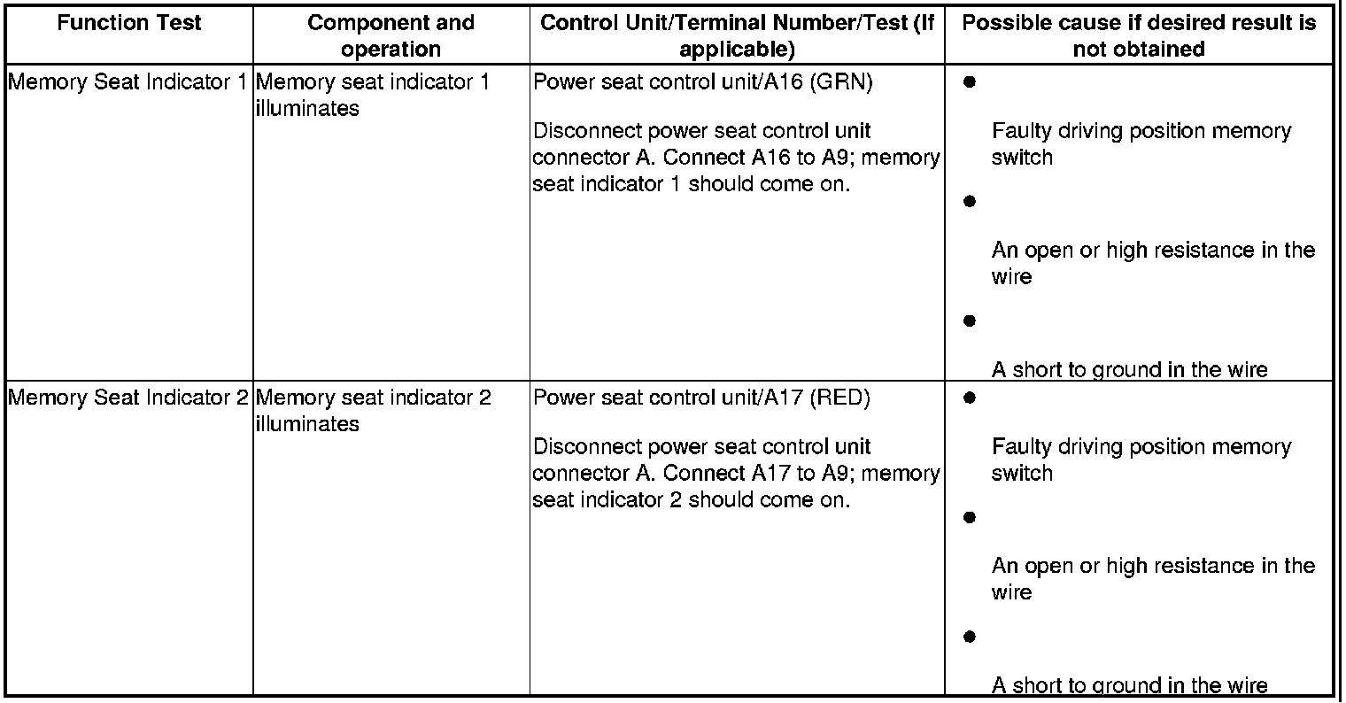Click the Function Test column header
point(129,23)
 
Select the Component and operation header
point(391,35)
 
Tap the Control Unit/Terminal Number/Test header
point(737,35)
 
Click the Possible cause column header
point(1139,35)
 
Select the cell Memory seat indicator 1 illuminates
point(372,96)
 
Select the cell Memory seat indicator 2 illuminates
point(373,411)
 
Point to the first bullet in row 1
point(969,82)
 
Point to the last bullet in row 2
point(969,637)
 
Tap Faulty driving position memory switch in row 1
point(1141,144)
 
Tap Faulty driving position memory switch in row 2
point(1141,460)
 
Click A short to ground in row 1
point(1129,370)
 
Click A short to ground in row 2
point(1129,685)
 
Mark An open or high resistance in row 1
point(1152,264)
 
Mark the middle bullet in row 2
point(969,517)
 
